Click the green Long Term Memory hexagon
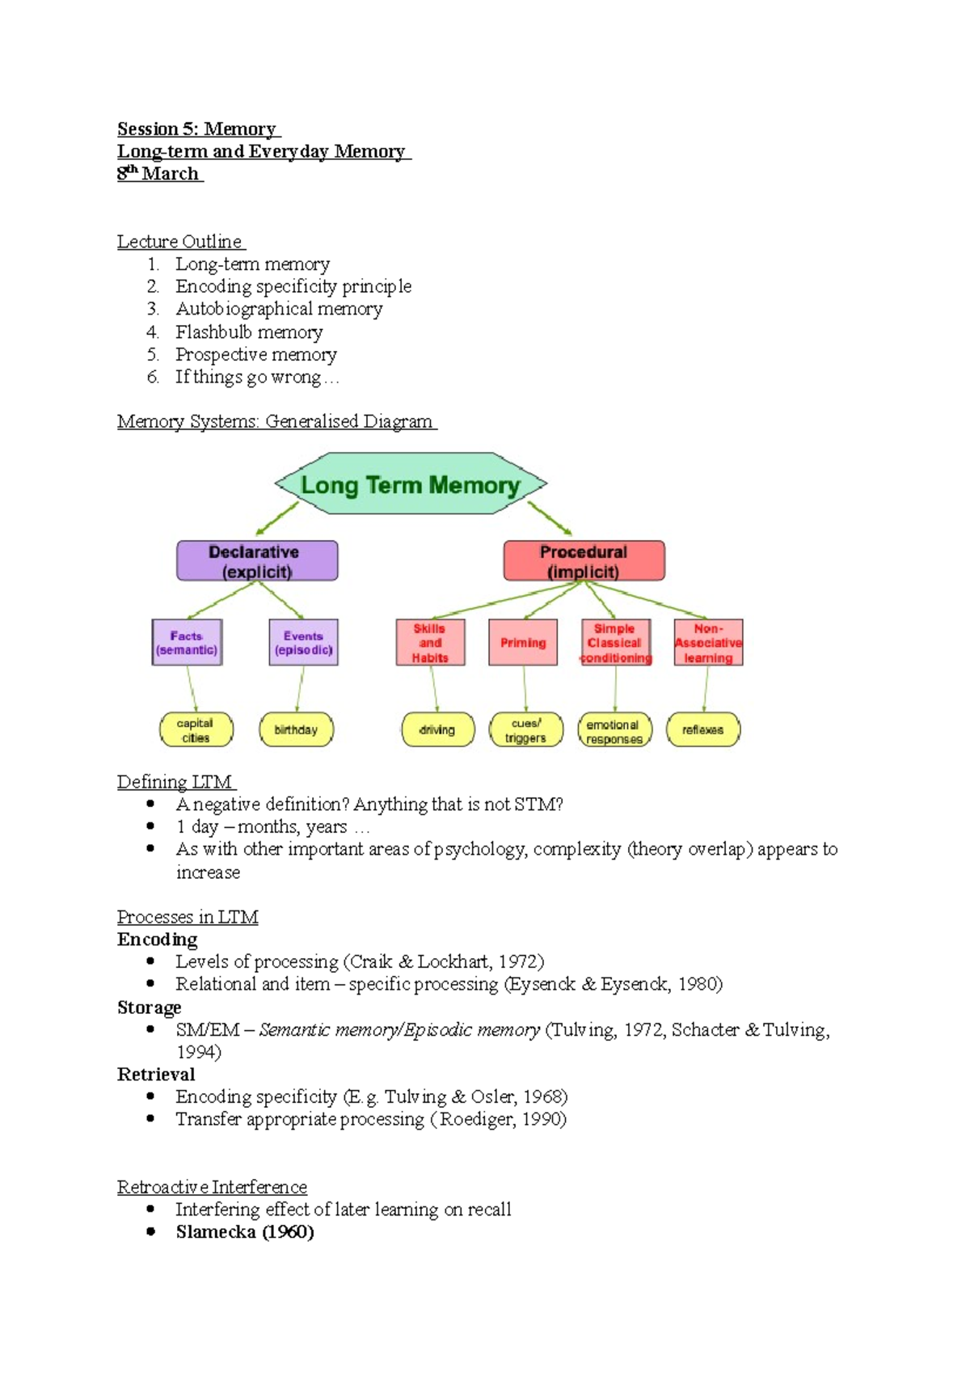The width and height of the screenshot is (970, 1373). pyautogui.click(x=411, y=484)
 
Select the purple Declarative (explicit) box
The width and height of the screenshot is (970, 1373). pyautogui.click(x=257, y=561)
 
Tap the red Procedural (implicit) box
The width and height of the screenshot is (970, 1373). pyautogui.click(x=584, y=561)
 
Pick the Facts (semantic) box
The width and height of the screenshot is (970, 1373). pyautogui.click(x=187, y=643)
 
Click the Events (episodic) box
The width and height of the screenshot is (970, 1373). pyautogui.click(x=303, y=643)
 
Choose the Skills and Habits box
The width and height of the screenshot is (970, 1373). pyautogui.click(x=430, y=643)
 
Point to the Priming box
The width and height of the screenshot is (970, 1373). pyautogui.click(x=523, y=643)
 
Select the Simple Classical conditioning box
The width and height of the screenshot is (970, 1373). pyautogui.click(x=616, y=643)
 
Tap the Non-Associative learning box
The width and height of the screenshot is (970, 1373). pyautogui.click(x=708, y=643)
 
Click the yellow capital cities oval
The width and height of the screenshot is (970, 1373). pyautogui.click(x=196, y=730)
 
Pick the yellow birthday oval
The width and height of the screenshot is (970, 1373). pyautogui.click(x=296, y=729)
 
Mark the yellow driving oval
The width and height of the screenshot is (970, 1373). pyautogui.click(x=437, y=730)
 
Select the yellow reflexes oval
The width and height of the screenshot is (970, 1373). pyautogui.click(x=702, y=729)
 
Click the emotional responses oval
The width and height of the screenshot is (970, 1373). pyautogui.click(x=614, y=731)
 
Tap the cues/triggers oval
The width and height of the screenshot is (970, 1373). pyautogui.click(x=526, y=730)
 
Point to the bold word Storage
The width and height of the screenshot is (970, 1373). pyautogui.click(x=150, y=1008)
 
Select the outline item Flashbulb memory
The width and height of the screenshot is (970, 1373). pyautogui.click(x=249, y=332)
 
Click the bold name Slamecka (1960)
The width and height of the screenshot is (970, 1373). pyautogui.click(x=245, y=1232)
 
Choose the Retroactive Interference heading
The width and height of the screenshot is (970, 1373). pyautogui.click(x=212, y=1187)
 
